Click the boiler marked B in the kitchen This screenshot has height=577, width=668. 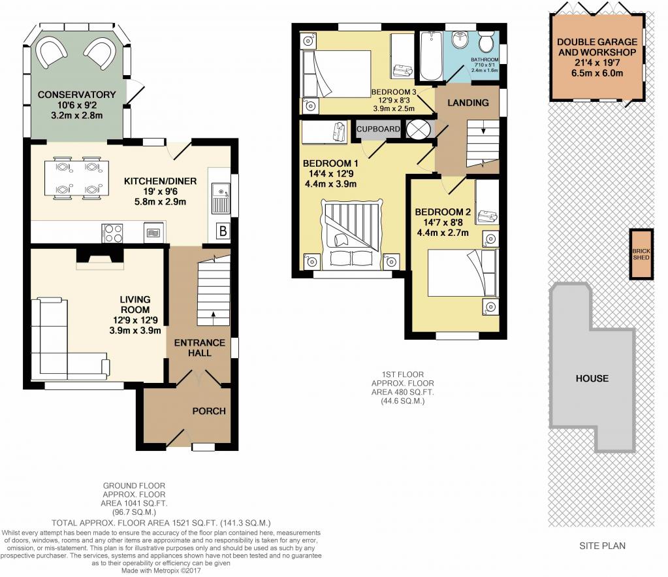[x=223, y=231]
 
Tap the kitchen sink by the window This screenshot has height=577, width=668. [x=220, y=198]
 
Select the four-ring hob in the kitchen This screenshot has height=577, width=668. [x=112, y=233]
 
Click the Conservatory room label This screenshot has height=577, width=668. [x=76, y=94]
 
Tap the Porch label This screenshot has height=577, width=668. [x=209, y=411]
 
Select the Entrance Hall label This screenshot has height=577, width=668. [x=199, y=348]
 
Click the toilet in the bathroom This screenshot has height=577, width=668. [x=485, y=41]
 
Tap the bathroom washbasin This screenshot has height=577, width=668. [x=459, y=41]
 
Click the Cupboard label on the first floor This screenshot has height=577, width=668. [x=378, y=129]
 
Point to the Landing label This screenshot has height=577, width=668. [x=468, y=103]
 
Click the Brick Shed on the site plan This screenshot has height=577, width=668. [x=641, y=255]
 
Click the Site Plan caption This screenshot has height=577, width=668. [x=603, y=546]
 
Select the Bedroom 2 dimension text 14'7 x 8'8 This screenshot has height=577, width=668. [x=443, y=222]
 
